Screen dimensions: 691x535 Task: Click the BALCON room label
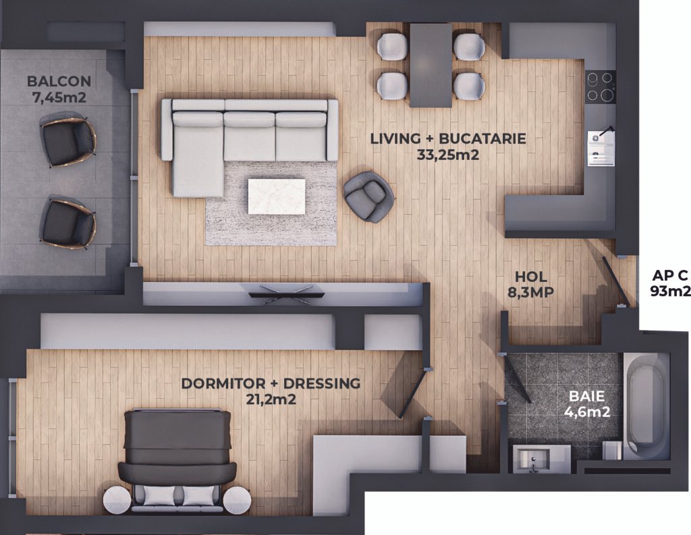tap(59, 81)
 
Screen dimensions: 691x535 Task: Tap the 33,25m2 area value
tap(447, 155)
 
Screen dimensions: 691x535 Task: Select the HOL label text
tap(531, 277)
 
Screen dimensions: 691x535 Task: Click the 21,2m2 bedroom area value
tap(271, 399)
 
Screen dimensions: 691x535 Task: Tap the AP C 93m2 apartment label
tap(670, 283)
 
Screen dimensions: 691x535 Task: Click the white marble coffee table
tap(277, 196)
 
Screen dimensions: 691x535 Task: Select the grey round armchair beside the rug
tap(368, 196)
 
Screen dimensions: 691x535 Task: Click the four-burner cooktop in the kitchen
tap(601, 86)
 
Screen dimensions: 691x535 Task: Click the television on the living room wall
tap(286, 294)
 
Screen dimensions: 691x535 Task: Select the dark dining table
tap(431, 65)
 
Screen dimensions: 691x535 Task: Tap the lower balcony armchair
tap(67, 223)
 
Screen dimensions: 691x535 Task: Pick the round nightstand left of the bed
tap(117, 500)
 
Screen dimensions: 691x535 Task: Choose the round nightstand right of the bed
tap(237, 500)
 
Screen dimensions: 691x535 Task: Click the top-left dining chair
tap(392, 46)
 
